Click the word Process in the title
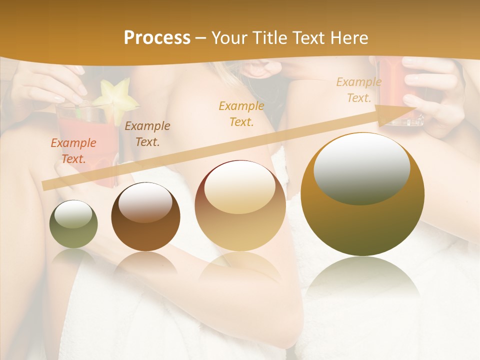coord(157,38)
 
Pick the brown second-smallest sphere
coord(145,222)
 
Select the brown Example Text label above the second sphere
coord(147,134)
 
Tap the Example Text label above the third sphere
coord(241,113)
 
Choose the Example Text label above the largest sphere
coord(359,90)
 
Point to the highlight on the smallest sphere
coord(73,215)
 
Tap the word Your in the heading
coord(229,38)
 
